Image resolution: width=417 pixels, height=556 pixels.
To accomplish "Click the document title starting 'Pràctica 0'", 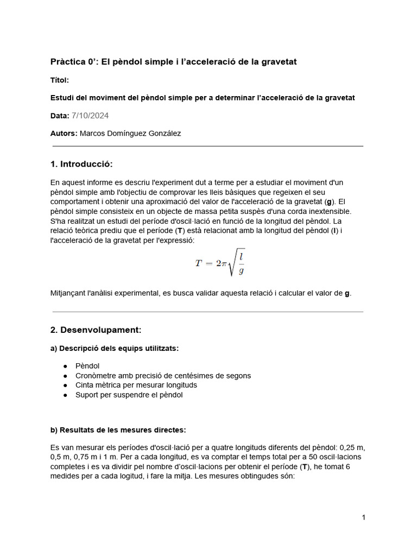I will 173,62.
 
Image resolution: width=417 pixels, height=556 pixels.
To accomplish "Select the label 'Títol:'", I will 59,80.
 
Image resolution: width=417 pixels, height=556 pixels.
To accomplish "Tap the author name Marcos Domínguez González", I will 130,134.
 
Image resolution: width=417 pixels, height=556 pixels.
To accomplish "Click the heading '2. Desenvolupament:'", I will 96,330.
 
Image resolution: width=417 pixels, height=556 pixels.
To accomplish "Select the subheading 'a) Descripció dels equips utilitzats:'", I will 114,348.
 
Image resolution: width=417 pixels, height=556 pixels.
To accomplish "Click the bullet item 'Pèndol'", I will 87,366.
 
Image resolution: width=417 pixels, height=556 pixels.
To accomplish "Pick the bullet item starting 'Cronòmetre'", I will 163,376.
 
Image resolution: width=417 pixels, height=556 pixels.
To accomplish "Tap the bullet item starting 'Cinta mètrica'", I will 136,385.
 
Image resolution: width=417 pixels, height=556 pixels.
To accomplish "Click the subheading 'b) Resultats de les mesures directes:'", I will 118,430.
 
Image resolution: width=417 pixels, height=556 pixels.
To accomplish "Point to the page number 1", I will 363,518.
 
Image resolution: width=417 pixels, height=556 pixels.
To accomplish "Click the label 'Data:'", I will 59,116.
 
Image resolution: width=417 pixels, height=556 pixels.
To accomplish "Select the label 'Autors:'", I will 64,134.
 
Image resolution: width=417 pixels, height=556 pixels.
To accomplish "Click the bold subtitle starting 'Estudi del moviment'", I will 203,98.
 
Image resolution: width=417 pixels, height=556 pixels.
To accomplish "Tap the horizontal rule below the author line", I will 207,146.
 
